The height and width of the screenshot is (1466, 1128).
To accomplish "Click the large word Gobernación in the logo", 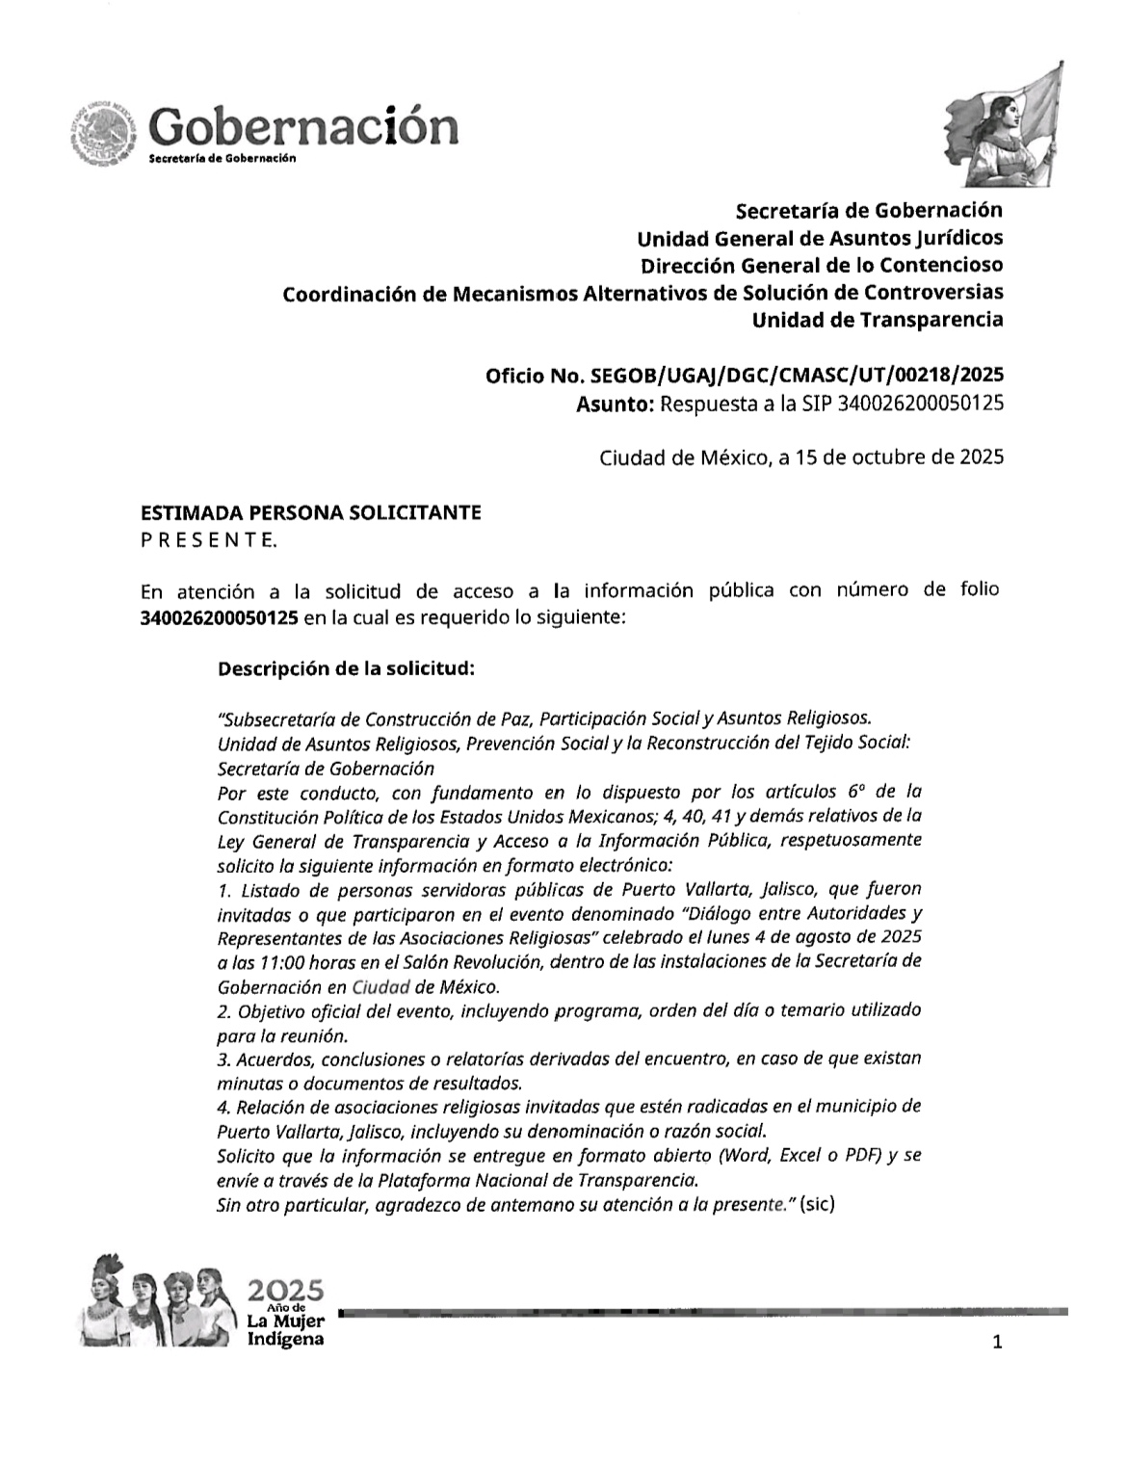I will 303,127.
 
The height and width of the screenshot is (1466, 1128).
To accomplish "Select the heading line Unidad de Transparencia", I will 877,319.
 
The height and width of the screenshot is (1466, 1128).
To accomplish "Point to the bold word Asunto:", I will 615,404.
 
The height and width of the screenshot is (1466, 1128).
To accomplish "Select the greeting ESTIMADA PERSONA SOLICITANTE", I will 311,512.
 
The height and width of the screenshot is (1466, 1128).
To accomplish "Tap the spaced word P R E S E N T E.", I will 209,540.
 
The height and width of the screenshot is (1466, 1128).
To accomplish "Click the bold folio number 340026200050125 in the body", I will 219,616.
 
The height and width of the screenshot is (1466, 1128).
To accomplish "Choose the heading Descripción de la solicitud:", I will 346,668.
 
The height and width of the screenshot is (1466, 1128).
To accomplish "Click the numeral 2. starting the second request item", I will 224,1011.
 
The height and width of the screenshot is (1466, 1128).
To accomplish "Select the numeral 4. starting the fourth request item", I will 224,1106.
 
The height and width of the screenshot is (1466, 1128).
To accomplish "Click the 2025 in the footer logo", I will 286,1289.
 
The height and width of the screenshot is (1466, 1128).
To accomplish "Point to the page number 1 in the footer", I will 997,1342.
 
